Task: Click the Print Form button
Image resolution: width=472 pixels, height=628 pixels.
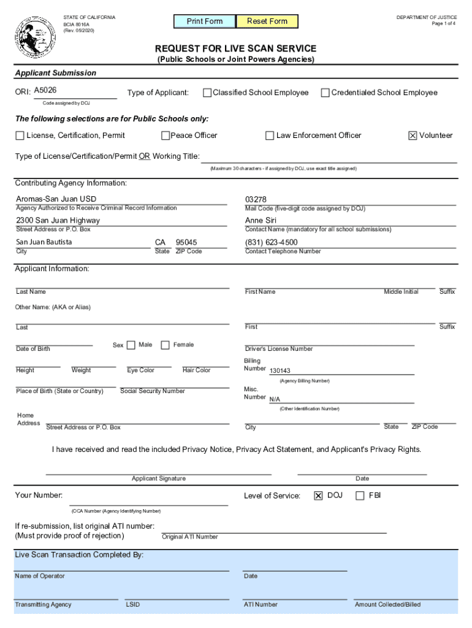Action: pyautogui.click(x=205, y=21)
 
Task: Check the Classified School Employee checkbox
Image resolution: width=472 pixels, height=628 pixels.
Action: pyautogui.click(x=207, y=93)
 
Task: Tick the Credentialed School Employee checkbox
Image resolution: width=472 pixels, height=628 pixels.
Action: pyautogui.click(x=325, y=93)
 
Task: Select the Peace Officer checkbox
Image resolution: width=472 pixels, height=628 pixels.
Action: pyautogui.click(x=166, y=136)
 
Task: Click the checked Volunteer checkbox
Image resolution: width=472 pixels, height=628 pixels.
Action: pyautogui.click(x=413, y=136)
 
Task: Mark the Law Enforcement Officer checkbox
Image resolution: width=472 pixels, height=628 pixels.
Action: pyautogui.click(x=270, y=136)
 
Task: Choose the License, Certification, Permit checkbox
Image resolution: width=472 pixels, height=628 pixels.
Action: pyautogui.click(x=20, y=136)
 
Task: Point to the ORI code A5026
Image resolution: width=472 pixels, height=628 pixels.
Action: pyautogui.click(x=45, y=91)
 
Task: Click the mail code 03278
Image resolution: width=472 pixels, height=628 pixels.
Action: pyautogui.click(x=256, y=199)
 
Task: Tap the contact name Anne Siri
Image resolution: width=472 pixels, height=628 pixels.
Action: pyautogui.click(x=261, y=221)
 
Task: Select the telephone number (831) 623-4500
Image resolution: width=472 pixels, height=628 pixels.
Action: pyautogui.click(x=272, y=242)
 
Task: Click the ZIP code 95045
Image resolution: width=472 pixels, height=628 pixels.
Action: pyautogui.click(x=186, y=242)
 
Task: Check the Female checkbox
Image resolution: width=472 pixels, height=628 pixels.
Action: pyautogui.click(x=165, y=345)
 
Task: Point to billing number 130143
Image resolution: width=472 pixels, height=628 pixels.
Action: pyautogui.click(x=280, y=370)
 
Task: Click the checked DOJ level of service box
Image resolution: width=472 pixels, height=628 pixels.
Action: pyautogui.click(x=318, y=496)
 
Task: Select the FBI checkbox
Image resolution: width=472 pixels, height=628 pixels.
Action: pyautogui.click(x=360, y=496)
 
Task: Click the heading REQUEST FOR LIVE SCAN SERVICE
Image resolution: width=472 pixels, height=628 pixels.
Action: pyautogui.click(x=235, y=48)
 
